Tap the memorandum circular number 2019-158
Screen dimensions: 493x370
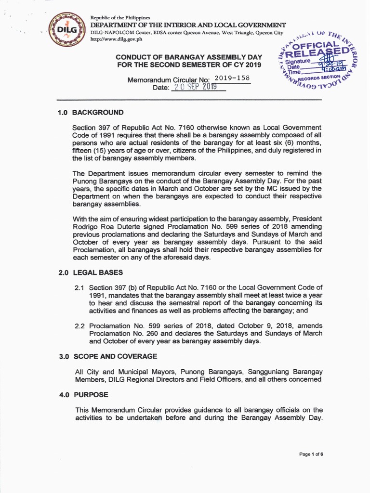[x=231, y=78]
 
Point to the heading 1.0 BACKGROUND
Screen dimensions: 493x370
[x=91, y=113]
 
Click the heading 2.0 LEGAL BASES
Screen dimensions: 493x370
[x=91, y=272]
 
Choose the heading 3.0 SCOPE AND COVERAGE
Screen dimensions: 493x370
[x=108, y=356]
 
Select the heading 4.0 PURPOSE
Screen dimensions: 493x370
[x=83, y=395]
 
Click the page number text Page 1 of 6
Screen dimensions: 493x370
[x=311, y=454]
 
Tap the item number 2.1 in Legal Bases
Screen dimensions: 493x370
[x=79, y=287]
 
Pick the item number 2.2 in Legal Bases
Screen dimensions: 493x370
[x=79, y=326]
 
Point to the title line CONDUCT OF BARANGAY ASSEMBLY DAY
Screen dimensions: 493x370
[x=188, y=57]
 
